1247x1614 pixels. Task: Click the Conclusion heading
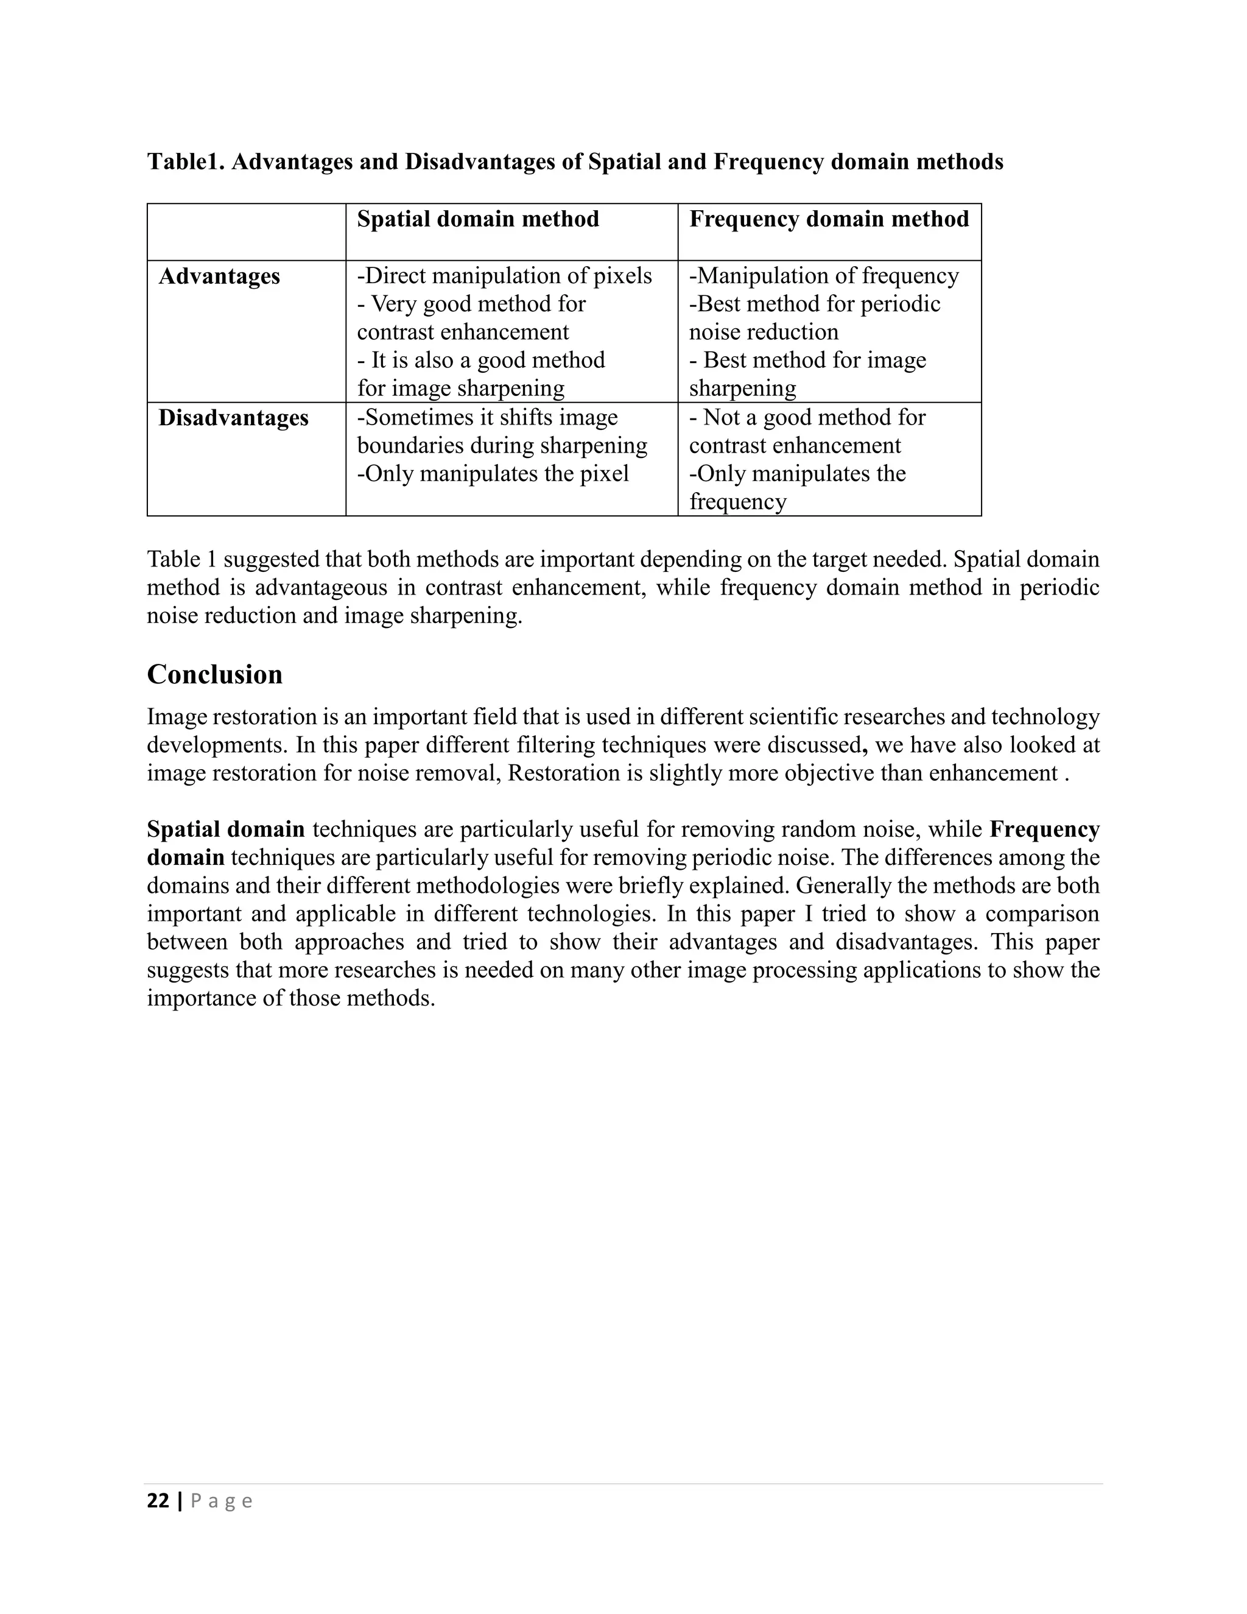(214, 675)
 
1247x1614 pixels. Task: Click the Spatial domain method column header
(477, 219)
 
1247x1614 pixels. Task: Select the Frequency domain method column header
(828, 219)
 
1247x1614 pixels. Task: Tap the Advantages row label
(219, 277)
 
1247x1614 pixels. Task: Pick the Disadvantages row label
(233, 418)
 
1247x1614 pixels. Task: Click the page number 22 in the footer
(158, 1501)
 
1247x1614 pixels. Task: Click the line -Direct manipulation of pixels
(504, 277)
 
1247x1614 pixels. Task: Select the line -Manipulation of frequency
(823, 277)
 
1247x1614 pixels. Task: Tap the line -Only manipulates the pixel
(492, 474)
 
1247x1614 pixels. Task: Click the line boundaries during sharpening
(502, 446)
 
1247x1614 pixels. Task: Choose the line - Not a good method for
(807, 418)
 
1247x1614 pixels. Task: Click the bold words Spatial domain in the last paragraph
(225, 829)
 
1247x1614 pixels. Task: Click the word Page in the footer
(222, 1501)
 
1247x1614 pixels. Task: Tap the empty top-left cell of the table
(246, 231)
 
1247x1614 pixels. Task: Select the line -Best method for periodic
(814, 305)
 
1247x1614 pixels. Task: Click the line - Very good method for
(471, 305)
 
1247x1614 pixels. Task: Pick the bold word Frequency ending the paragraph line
(1044, 829)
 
